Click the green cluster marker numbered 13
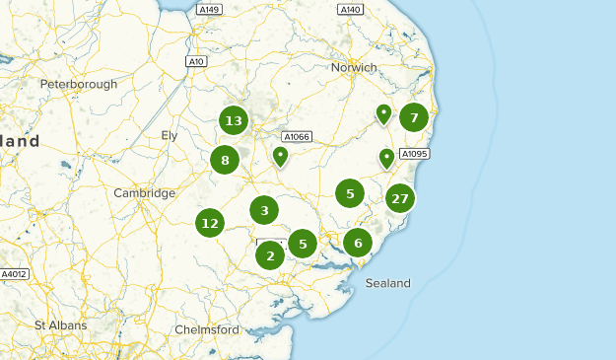click(234, 121)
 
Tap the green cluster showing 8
click(225, 160)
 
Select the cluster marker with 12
click(209, 223)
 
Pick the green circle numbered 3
click(263, 209)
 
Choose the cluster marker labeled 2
click(269, 255)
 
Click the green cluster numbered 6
click(358, 243)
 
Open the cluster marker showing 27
click(399, 198)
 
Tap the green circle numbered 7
click(414, 118)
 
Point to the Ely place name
click(171, 135)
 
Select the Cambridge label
click(144, 193)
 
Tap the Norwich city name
click(354, 67)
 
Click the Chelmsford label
click(207, 328)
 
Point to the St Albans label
click(60, 324)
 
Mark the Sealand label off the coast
click(387, 283)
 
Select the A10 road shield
click(196, 61)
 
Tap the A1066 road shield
click(296, 137)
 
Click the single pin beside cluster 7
click(383, 114)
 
